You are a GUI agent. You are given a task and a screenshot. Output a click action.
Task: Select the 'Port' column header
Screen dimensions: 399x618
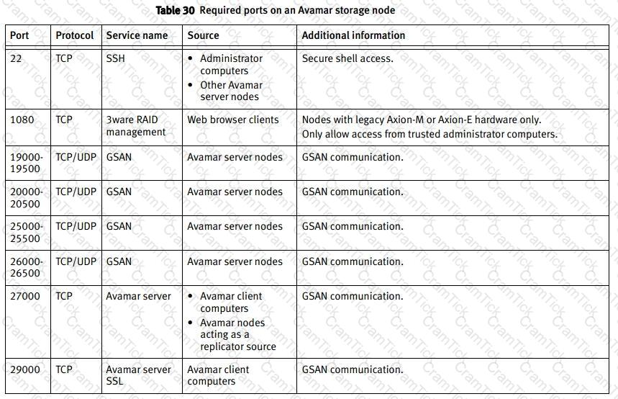pyautogui.click(x=19, y=35)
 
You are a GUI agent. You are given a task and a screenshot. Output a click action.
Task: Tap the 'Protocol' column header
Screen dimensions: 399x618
pyautogui.click(x=75, y=35)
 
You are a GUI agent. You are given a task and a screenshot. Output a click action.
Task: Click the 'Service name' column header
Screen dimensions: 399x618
pyautogui.click(x=137, y=35)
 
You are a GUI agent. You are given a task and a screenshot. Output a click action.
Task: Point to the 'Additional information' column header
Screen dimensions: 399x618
pyautogui.click(x=353, y=35)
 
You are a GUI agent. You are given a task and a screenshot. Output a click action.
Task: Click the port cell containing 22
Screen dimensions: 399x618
pyautogui.click(x=17, y=58)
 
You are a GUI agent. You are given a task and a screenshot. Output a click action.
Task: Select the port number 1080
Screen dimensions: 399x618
pyautogui.click(x=22, y=120)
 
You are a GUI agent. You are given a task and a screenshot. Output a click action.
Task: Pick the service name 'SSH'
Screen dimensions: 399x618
pyautogui.click(x=115, y=58)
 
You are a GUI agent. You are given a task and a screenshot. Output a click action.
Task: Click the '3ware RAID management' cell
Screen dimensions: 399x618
pyautogui.click(x=135, y=126)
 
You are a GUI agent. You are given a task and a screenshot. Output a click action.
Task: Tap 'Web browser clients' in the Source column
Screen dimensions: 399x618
pyautogui.click(x=232, y=120)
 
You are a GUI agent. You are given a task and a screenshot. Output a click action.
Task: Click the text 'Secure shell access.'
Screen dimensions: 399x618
pyautogui.click(x=347, y=58)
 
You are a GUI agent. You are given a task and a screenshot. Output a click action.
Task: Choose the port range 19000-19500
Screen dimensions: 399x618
pyautogui.click(x=27, y=163)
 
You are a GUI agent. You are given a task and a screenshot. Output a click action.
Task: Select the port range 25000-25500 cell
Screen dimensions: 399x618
pyautogui.click(x=27, y=232)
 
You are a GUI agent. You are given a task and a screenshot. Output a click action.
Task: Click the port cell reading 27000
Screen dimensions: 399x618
pyautogui.click(x=25, y=296)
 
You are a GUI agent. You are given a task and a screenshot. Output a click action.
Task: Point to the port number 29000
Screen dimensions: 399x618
pyautogui.click(x=25, y=369)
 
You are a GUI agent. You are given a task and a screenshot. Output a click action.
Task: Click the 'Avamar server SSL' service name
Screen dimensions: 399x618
pyautogui.click(x=138, y=375)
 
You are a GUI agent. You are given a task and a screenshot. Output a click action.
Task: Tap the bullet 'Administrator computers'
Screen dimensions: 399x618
pyautogui.click(x=231, y=65)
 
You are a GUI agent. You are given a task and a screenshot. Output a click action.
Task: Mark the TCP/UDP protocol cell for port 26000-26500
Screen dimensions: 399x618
pyautogui.click(x=76, y=261)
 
